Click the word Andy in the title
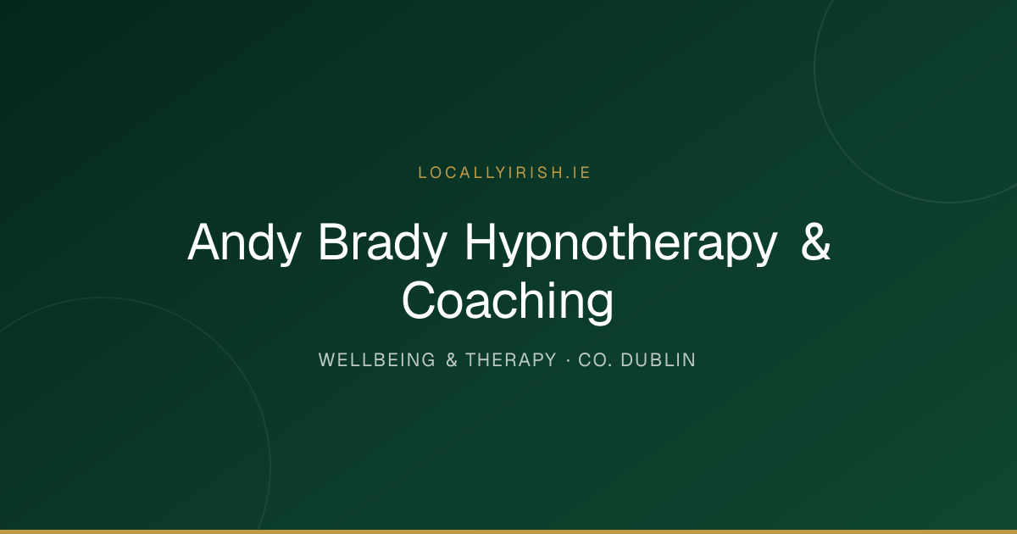pyautogui.click(x=244, y=243)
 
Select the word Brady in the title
pyautogui.click(x=383, y=243)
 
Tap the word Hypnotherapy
pyautogui.click(x=621, y=243)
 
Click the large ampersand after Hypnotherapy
pyautogui.click(x=815, y=241)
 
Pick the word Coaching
pyautogui.click(x=508, y=302)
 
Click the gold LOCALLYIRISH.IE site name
pyautogui.click(x=504, y=173)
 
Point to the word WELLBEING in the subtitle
pyautogui.click(x=377, y=359)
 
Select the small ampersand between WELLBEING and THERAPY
pyautogui.click(x=451, y=359)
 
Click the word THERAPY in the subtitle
pyautogui.click(x=511, y=359)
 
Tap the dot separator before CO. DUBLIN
pyautogui.click(x=568, y=360)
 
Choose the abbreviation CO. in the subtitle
pyautogui.click(x=595, y=359)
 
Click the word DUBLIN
pyautogui.click(x=658, y=359)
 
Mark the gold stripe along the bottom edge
pyautogui.click(x=508, y=531)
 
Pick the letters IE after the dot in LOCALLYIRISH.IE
pyautogui.click(x=581, y=173)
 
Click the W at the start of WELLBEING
pyautogui.click(x=326, y=359)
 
